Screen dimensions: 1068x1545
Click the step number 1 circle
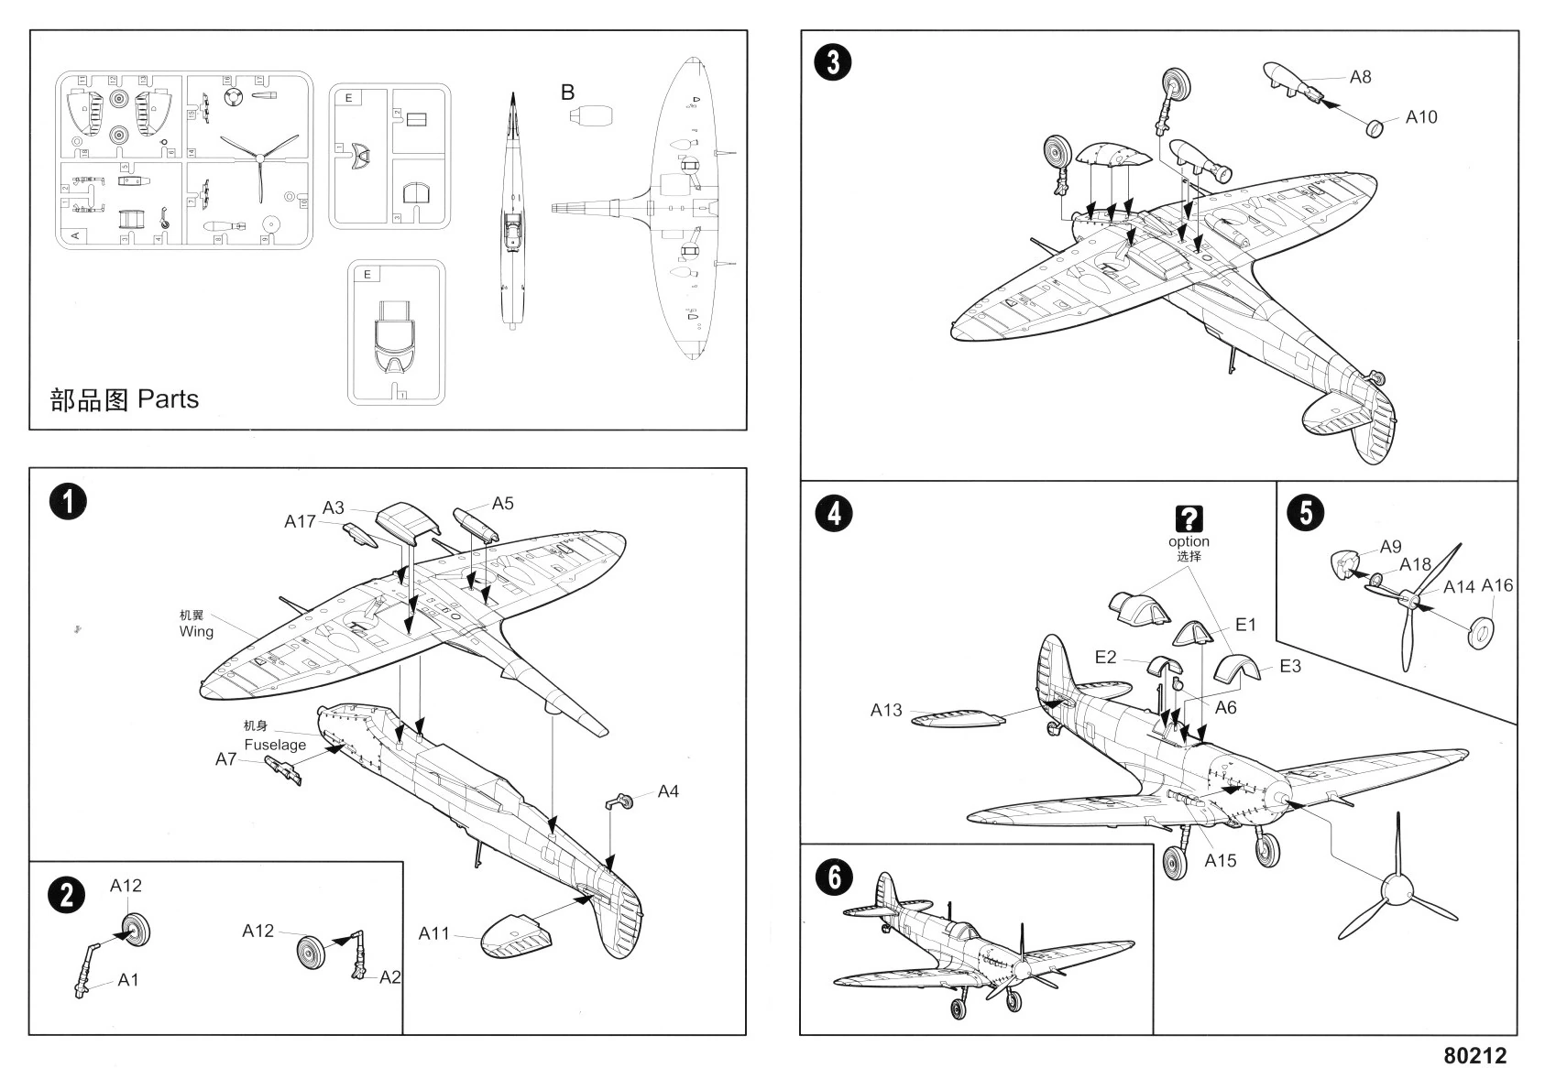[68, 502]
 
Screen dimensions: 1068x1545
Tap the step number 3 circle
[833, 62]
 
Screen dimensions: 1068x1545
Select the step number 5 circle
[1306, 512]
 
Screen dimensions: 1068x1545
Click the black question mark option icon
[1189, 519]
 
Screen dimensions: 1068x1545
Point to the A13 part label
[886, 710]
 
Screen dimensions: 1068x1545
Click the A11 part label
[434, 933]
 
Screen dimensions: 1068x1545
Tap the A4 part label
[668, 791]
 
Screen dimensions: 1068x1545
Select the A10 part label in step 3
[1421, 117]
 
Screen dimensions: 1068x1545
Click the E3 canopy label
[1289, 666]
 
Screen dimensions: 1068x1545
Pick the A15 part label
[1220, 860]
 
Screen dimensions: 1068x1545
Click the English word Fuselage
[275, 745]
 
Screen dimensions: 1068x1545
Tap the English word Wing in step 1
[196, 631]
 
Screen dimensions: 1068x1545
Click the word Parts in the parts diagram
[168, 399]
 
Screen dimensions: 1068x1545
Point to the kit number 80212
[1474, 1055]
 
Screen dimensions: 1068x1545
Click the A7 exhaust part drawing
[284, 769]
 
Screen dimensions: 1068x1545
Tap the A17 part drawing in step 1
[358, 535]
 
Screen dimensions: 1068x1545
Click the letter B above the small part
[568, 93]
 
